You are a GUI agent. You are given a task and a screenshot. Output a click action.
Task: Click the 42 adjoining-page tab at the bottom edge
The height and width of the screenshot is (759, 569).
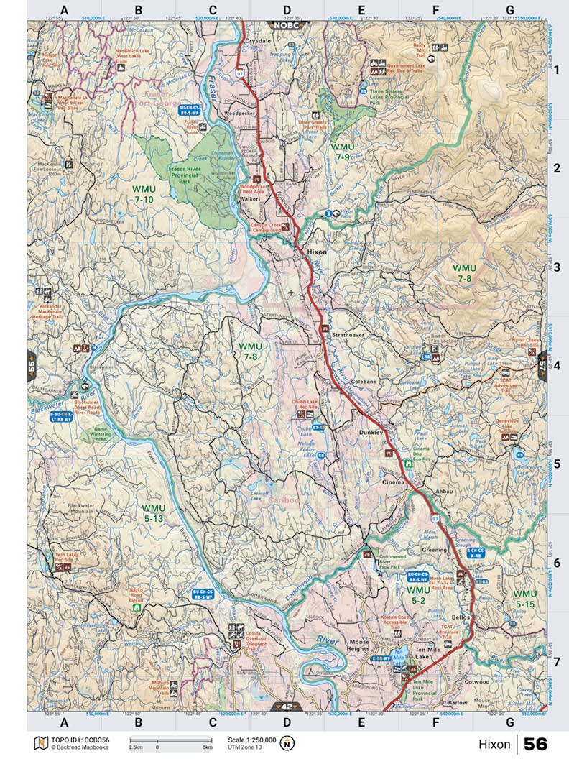[287, 707]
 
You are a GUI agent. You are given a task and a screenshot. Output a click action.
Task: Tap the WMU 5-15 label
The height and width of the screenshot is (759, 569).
[524, 599]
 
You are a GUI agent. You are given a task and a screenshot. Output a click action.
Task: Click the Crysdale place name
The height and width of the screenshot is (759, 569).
[256, 41]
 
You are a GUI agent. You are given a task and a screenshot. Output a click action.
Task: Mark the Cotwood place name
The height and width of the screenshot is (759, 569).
[476, 681]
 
